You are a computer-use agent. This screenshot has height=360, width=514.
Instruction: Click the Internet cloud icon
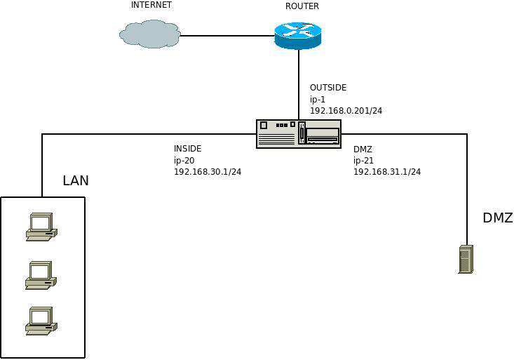click(x=149, y=34)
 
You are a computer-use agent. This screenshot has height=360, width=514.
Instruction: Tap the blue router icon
click(x=297, y=34)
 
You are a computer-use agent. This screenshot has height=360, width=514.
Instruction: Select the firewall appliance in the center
click(x=299, y=133)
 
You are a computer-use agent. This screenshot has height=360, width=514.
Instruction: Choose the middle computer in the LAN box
click(x=41, y=275)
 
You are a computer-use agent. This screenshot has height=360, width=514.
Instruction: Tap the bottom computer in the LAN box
click(x=41, y=321)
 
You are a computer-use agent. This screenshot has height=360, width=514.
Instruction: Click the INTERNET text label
click(x=151, y=5)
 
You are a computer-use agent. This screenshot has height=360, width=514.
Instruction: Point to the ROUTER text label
click(x=302, y=6)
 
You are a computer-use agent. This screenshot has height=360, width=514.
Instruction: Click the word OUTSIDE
click(x=328, y=88)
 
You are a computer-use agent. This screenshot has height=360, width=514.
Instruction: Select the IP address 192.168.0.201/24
click(x=346, y=111)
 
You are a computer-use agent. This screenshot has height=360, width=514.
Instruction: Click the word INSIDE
click(x=188, y=149)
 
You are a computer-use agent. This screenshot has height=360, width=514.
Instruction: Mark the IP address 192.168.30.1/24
click(x=208, y=172)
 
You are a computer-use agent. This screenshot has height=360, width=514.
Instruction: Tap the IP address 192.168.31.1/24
click(x=387, y=172)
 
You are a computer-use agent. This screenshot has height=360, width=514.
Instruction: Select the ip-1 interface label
click(x=319, y=99)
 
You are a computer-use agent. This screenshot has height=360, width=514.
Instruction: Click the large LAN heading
click(x=76, y=181)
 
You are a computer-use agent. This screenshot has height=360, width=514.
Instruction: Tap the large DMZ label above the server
click(x=498, y=218)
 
